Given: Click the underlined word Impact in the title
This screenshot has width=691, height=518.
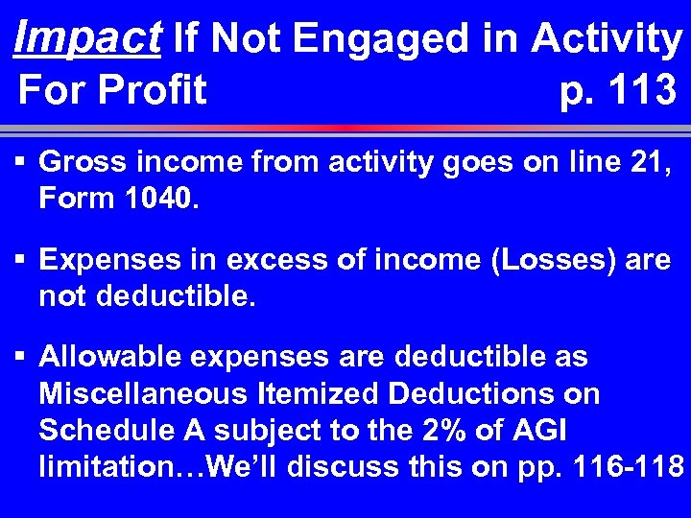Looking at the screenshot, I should tap(87, 38).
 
